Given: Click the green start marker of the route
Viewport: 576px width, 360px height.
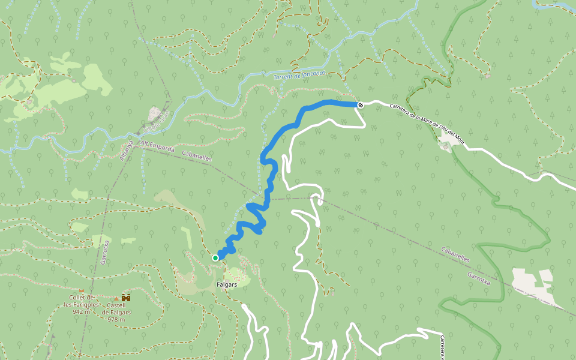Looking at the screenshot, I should click(x=215, y=258).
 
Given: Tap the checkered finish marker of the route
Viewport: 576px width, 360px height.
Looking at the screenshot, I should click(x=361, y=106).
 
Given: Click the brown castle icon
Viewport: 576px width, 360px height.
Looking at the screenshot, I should click(x=126, y=298).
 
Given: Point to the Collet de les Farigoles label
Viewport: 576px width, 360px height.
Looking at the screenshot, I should click(x=81, y=301).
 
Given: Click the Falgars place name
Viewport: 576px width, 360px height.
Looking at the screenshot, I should click(x=227, y=284).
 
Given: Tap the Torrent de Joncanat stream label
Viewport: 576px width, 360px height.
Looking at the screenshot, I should click(x=299, y=75).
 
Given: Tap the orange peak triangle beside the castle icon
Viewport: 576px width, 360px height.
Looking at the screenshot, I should click(x=116, y=298).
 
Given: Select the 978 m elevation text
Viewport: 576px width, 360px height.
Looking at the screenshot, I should click(x=116, y=319).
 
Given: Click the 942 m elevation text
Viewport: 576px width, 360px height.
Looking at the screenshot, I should click(x=81, y=311).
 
